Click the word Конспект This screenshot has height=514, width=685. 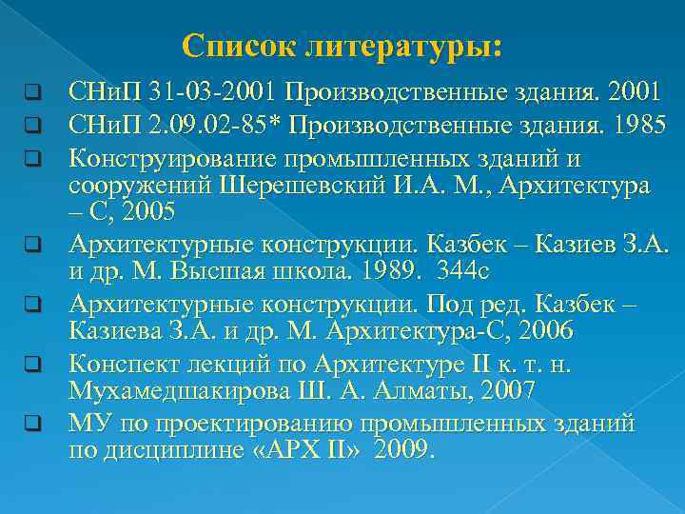pos(123,362)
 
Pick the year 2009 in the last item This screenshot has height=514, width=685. pos(403,450)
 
